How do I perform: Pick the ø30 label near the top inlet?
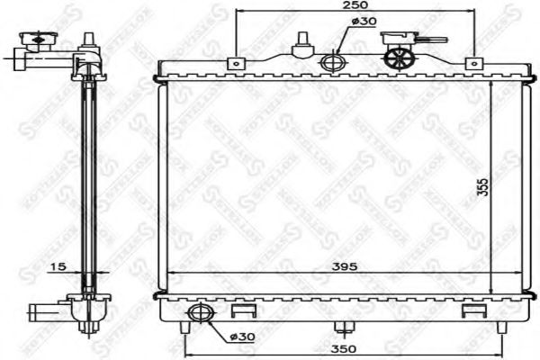click(363, 22)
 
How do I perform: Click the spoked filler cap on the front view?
click(398, 58)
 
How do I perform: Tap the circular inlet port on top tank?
click(332, 63)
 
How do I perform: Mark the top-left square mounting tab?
click(236, 63)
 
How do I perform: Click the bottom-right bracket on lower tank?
click(470, 311)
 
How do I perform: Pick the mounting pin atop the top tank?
click(302, 45)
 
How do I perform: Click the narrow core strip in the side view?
click(88, 180)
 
